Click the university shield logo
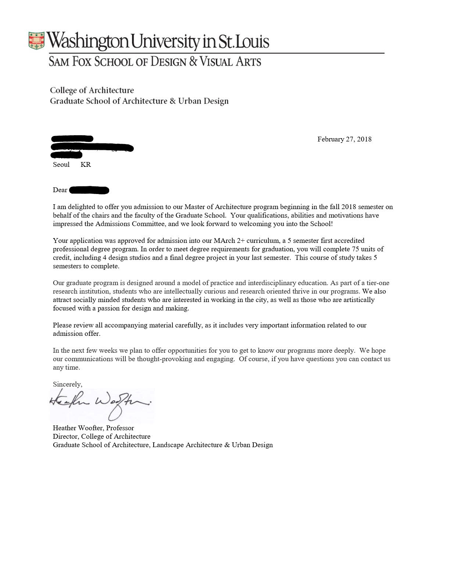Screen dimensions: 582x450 (36, 40)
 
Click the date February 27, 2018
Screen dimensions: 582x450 (344, 139)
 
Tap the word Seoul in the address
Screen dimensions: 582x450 (61, 165)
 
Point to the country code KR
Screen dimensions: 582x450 (86, 165)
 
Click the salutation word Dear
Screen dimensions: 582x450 (60, 190)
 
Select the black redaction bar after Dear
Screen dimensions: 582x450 (89, 190)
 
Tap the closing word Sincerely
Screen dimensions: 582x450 (67, 384)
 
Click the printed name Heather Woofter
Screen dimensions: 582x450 (78, 428)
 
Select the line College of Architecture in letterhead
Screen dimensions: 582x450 (92, 90)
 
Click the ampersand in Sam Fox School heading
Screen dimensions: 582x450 (193, 61)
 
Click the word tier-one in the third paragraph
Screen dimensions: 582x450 (377, 283)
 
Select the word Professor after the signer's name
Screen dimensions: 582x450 (120, 428)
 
